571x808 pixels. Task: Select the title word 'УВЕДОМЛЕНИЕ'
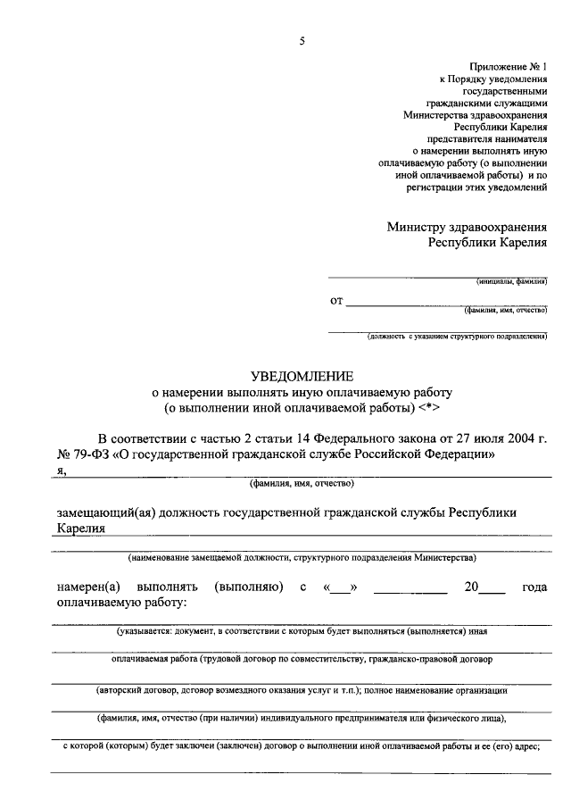click(x=302, y=376)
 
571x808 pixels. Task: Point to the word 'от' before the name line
click(x=336, y=301)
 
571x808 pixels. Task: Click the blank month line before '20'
click(x=410, y=590)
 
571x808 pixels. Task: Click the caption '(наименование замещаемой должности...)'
click(x=302, y=558)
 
